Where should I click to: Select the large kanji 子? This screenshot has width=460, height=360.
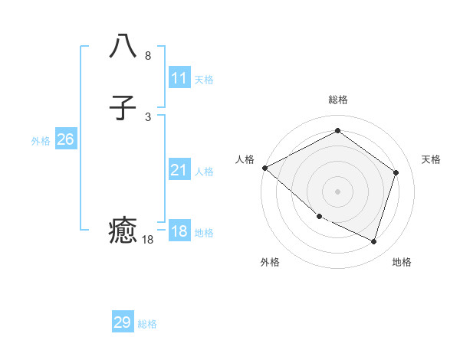(123, 109)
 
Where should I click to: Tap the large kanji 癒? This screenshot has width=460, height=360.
(123, 231)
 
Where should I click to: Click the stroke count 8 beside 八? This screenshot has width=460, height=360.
(148, 56)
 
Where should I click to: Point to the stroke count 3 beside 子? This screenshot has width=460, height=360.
(148, 116)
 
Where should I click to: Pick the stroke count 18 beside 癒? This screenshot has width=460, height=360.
(148, 240)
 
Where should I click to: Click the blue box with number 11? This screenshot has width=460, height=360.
(179, 78)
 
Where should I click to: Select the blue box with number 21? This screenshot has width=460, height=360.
(179, 170)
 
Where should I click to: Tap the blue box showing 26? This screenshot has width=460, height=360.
(65, 139)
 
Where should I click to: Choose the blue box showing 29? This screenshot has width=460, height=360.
(123, 322)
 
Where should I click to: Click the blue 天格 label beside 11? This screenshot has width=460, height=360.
(204, 80)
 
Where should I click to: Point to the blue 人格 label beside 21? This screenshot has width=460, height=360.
(204, 172)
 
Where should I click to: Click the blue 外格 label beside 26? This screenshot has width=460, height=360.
(41, 141)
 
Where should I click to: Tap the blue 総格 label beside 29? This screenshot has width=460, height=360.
(147, 324)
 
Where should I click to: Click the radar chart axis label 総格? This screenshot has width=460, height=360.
(337, 100)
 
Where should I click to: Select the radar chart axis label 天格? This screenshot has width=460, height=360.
(431, 159)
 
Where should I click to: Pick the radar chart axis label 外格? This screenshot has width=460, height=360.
(270, 262)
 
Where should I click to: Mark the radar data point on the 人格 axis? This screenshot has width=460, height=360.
(264, 168)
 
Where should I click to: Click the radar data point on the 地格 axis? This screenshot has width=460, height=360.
(373, 242)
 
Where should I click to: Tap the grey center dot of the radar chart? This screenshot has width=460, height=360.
(337, 191)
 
